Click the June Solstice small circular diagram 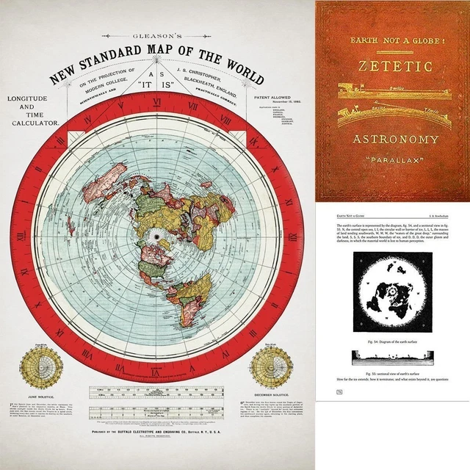point(40,367)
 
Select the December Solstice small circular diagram point(268,366)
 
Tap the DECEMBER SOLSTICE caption point(269,396)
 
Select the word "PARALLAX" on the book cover point(394,159)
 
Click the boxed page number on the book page point(339,392)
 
